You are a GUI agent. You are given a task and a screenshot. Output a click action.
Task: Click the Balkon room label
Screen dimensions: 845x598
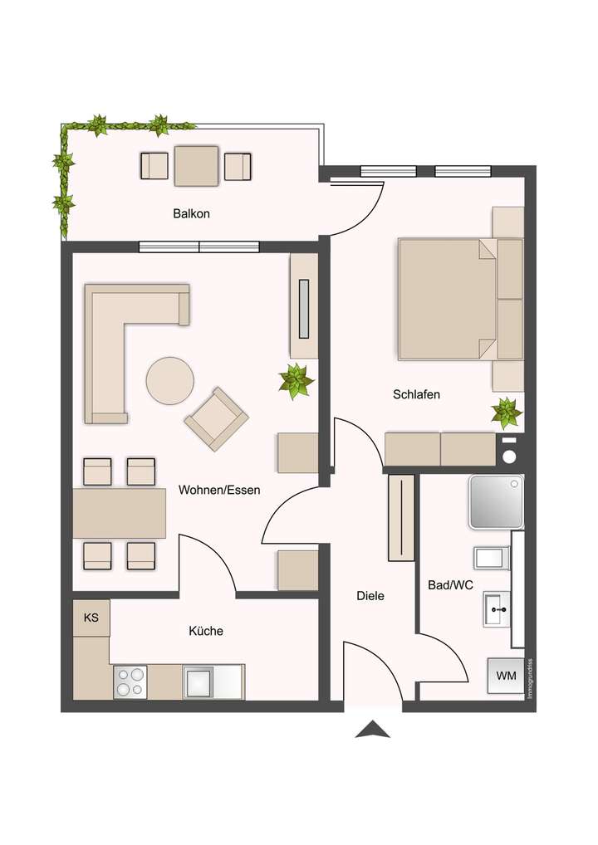(191, 213)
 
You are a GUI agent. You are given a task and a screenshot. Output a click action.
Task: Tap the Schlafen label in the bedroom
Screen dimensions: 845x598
(416, 394)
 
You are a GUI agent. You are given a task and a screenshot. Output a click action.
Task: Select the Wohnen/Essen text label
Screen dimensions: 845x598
(219, 490)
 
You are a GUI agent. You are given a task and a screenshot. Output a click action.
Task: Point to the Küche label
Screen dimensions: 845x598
(206, 631)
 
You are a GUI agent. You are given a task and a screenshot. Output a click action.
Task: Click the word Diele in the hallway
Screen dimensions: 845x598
(370, 595)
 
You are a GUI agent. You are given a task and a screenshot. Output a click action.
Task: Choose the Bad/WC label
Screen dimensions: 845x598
(450, 584)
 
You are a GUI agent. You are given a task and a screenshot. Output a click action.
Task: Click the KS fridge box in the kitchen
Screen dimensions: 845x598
(91, 618)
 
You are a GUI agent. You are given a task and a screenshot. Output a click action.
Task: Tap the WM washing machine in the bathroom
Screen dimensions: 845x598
(506, 676)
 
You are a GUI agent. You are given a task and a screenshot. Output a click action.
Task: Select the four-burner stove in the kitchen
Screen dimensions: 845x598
(130, 681)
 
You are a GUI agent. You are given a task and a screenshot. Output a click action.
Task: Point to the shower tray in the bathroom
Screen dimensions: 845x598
(496, 501)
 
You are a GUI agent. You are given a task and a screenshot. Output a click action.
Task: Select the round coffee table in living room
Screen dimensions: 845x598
(170, 381)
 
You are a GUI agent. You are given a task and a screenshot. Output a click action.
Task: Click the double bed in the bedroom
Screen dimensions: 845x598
(448, 299)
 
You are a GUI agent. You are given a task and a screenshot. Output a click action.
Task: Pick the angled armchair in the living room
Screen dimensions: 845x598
(217, 419)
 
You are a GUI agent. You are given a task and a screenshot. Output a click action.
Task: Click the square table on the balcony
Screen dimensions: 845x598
(197, 166)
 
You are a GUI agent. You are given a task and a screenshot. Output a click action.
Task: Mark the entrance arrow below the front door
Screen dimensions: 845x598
(373, 730)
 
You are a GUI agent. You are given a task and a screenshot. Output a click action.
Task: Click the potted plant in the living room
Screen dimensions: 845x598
(296, 380)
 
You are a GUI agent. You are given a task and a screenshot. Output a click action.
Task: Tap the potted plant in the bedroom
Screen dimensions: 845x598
(506, 413)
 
